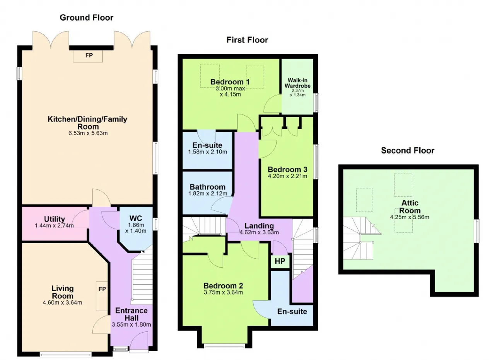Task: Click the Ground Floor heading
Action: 86,18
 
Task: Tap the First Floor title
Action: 247,40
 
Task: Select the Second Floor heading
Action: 408,150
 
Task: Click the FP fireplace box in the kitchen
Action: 88,55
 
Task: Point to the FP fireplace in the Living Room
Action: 102,296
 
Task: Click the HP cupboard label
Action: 280,261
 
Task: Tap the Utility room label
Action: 55,219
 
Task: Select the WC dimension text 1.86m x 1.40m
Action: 136,228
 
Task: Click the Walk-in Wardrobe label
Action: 297,83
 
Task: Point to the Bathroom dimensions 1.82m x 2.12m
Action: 208,194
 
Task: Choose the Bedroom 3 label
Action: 287,169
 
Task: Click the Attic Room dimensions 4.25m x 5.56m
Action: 410,217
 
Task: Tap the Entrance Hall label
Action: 131,314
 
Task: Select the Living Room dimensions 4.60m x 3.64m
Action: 62,302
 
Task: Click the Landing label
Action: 259,226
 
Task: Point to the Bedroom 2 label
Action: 223,286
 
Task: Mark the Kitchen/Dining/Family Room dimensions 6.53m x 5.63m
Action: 88,133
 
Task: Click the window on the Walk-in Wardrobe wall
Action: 317,103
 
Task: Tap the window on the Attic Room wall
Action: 477,231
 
